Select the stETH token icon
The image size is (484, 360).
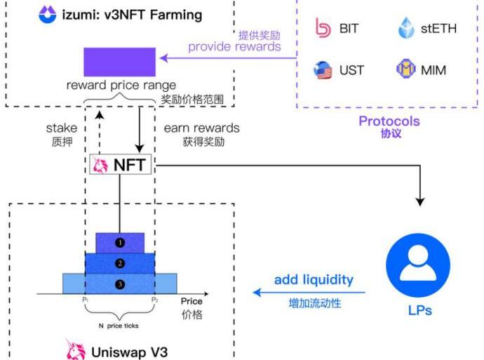click(x=408, y=29)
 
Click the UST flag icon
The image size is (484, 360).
click(x=323, y=69)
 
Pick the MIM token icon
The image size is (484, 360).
click(x=407, y=69)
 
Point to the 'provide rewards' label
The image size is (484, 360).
click(x=234, y=47)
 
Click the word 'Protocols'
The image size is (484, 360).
click(x=389, y=121)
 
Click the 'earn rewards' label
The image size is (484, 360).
click(x=201, y=128)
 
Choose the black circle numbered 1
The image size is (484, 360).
click(x=120, y=242)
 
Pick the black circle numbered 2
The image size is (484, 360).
click(x=120, y=263)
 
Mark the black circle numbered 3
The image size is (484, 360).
click(x=120, y=284)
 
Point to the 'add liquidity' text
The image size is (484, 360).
click(x=314, y=280)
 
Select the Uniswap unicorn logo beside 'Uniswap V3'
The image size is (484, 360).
click(x=74, y=349)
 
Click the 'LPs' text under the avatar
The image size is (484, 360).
click(x=419, y=309)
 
